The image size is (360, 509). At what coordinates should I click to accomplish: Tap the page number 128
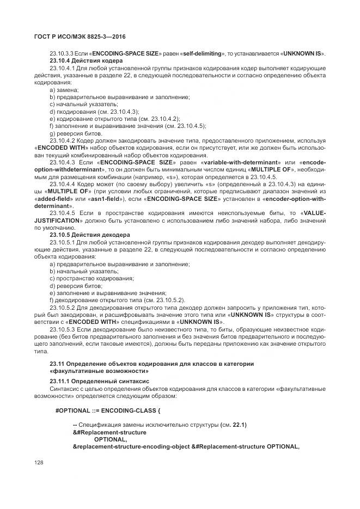tap(39, 462)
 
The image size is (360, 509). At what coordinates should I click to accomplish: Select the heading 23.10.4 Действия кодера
tap(86, 60)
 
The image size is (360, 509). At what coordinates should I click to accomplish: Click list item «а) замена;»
tap(64, 89)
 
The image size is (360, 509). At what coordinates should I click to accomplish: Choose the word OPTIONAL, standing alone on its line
tap(111, 439)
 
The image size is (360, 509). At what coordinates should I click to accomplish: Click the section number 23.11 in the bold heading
tap(58, 363)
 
